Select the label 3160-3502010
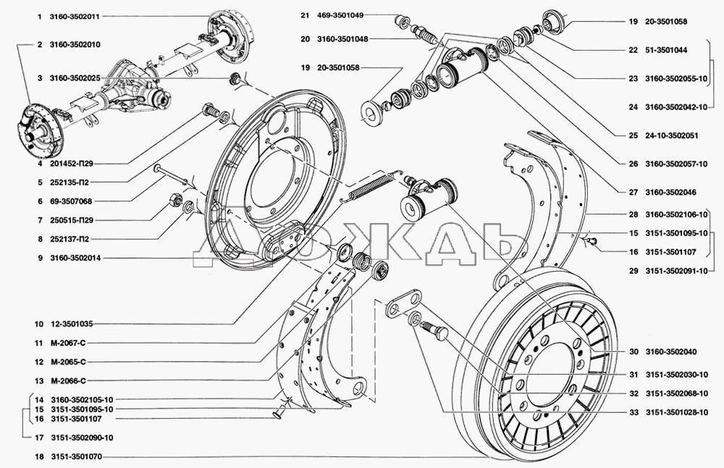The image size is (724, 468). [75, 45]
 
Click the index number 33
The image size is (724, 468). [632, 411]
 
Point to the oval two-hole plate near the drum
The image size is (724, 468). [401, 304]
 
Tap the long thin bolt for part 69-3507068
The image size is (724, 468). [171, 174]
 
